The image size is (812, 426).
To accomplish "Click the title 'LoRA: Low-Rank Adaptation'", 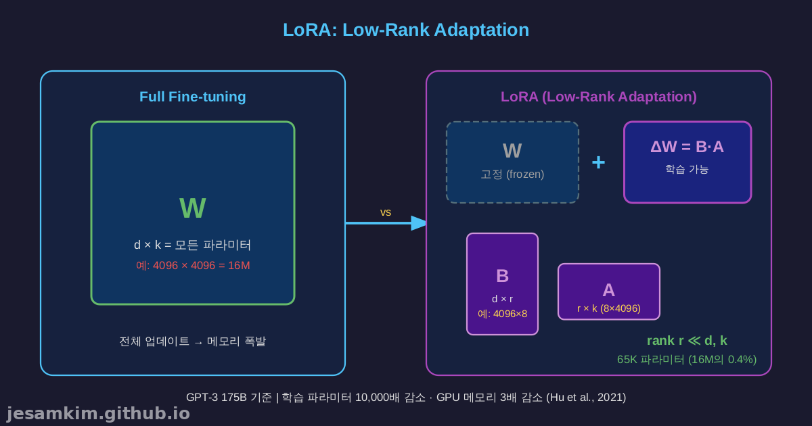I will click(x=405, y=30).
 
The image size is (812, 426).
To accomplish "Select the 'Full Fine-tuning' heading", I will click(x=193, y=97).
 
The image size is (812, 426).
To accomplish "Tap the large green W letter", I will click(x=193, y=208).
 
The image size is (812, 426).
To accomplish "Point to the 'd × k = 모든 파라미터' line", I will click(x=193, y=245).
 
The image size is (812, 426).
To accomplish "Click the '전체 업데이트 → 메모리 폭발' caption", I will click(x=193, y=341).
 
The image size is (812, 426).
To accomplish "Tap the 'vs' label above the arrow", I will click(x=386, y=212).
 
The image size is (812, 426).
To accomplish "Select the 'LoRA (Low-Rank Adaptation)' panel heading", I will click(x=599, y=97).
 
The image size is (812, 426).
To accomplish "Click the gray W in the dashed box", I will click(x=512, y=151).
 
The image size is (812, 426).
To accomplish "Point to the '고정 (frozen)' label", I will click(x=512, y=174).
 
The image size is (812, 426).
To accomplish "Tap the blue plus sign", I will click(x=599, y=162).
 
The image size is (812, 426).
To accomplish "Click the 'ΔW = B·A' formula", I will click(x=687, y=147).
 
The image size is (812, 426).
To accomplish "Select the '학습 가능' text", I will click(x=687, y=169).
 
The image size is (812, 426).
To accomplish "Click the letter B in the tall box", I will click(x=502, y=276).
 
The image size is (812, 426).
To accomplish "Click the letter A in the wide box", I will click(x=608, y=290).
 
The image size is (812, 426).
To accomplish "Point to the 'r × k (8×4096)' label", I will click(x=608, y=308).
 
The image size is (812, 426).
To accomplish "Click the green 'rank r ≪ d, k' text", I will click(x=687, y=341).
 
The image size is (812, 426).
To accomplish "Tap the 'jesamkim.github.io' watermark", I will click(x=98, y=413).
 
